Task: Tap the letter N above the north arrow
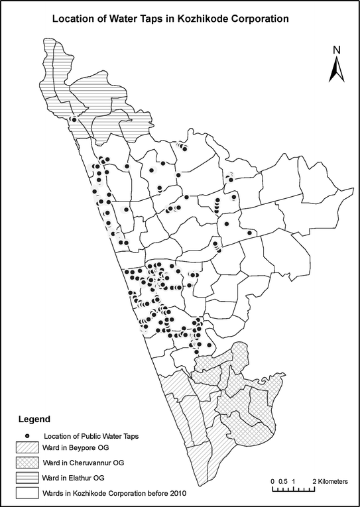[x=336, y=50]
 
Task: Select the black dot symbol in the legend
[x=28, y=435]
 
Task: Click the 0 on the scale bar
[x=273, y=479]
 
